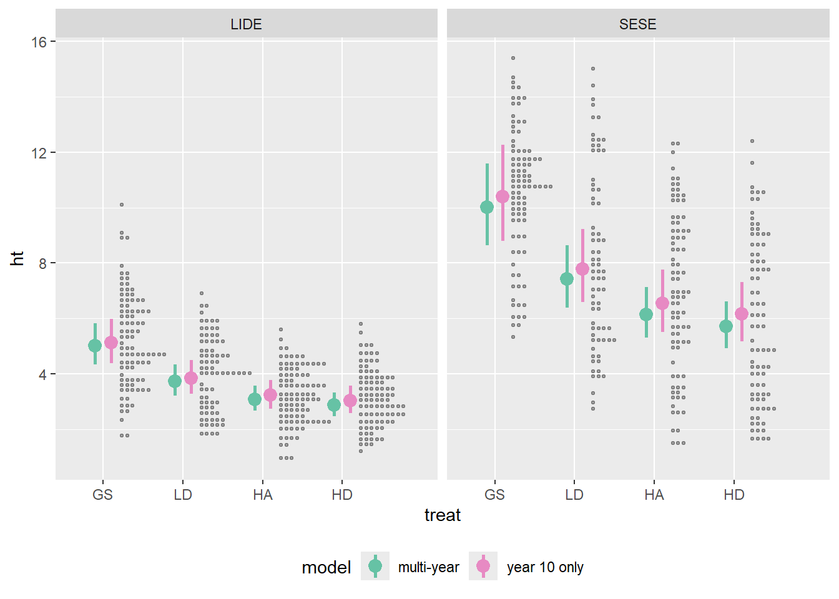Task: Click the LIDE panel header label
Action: (x=246, y=24)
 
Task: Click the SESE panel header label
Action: (x=637, y=24)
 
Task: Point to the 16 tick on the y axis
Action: (x=39, y=42)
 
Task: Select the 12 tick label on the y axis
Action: (x=39, y=153)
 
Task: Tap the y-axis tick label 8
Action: (x=42, y=263)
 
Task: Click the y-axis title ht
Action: (x=17, y=258)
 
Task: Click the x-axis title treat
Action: (x=442, y=515)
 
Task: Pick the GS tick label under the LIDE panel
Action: (x=103, y=495)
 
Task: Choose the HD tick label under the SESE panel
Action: (x=734, y=495)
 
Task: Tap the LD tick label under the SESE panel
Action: (x=574, y=495)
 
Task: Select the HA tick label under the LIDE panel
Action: (x=263, y=495)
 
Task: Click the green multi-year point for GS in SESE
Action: (x=487, y=207)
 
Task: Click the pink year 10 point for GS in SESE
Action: (x=503, y=197)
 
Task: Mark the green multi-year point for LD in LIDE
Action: (x=175, y=381)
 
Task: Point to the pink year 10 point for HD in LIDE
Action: (x=350, y=401)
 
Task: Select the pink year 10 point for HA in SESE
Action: (x=662, y=303)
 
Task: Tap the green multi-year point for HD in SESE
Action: (x=726, y=326)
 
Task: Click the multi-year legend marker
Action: (x=375, y=566)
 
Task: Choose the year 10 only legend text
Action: (x=545, y=567)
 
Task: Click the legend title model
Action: (x=326, y=567)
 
